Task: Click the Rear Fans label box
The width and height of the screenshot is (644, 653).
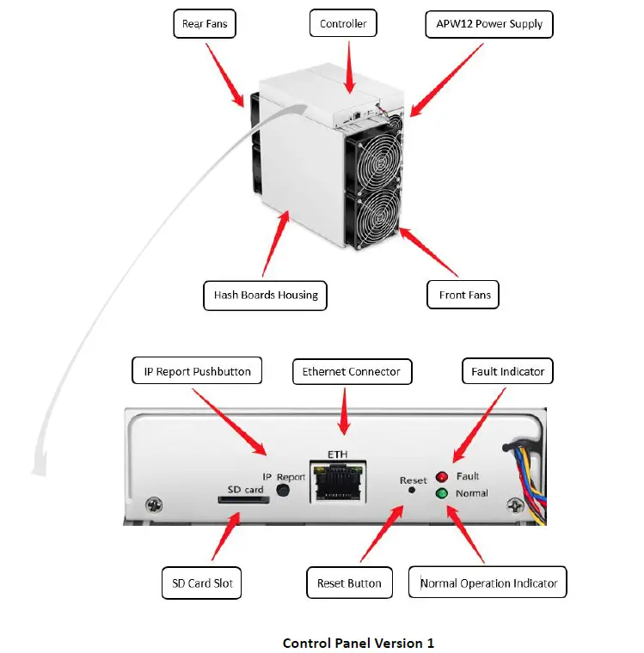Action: pyautogui.click(x=205, y=24)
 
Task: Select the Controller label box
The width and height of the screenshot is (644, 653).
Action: pyautogui.click(x=343, y=24)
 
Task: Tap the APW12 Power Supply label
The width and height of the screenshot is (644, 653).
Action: pyautogui.click(x=488, y=24)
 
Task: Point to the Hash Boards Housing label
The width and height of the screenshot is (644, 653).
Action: pyautogui.click(x=266, y=295)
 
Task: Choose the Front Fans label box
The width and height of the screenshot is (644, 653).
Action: pyautogui.click(x=463, y=295)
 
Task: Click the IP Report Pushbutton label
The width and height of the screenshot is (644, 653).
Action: pyautogui.click(x=197, y=371)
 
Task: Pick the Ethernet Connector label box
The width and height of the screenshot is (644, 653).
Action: pyautogui.click(x=352, y=371)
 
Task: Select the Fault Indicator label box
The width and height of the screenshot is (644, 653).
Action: pyautogui.click(x=507, y=371)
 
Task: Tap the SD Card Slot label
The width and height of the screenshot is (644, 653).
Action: pyautogui.click(x=201, y=583)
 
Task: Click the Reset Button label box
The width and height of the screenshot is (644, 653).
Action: pyautogui.click(x=349, y=583)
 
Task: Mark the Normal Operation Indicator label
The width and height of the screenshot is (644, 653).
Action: pyautogui.click(x=488, y=583)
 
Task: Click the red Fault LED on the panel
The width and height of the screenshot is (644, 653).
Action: pyautogui.click(x=443, y=477)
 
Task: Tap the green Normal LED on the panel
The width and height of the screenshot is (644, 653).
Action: pyautogui.click(x=443, y=493)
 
